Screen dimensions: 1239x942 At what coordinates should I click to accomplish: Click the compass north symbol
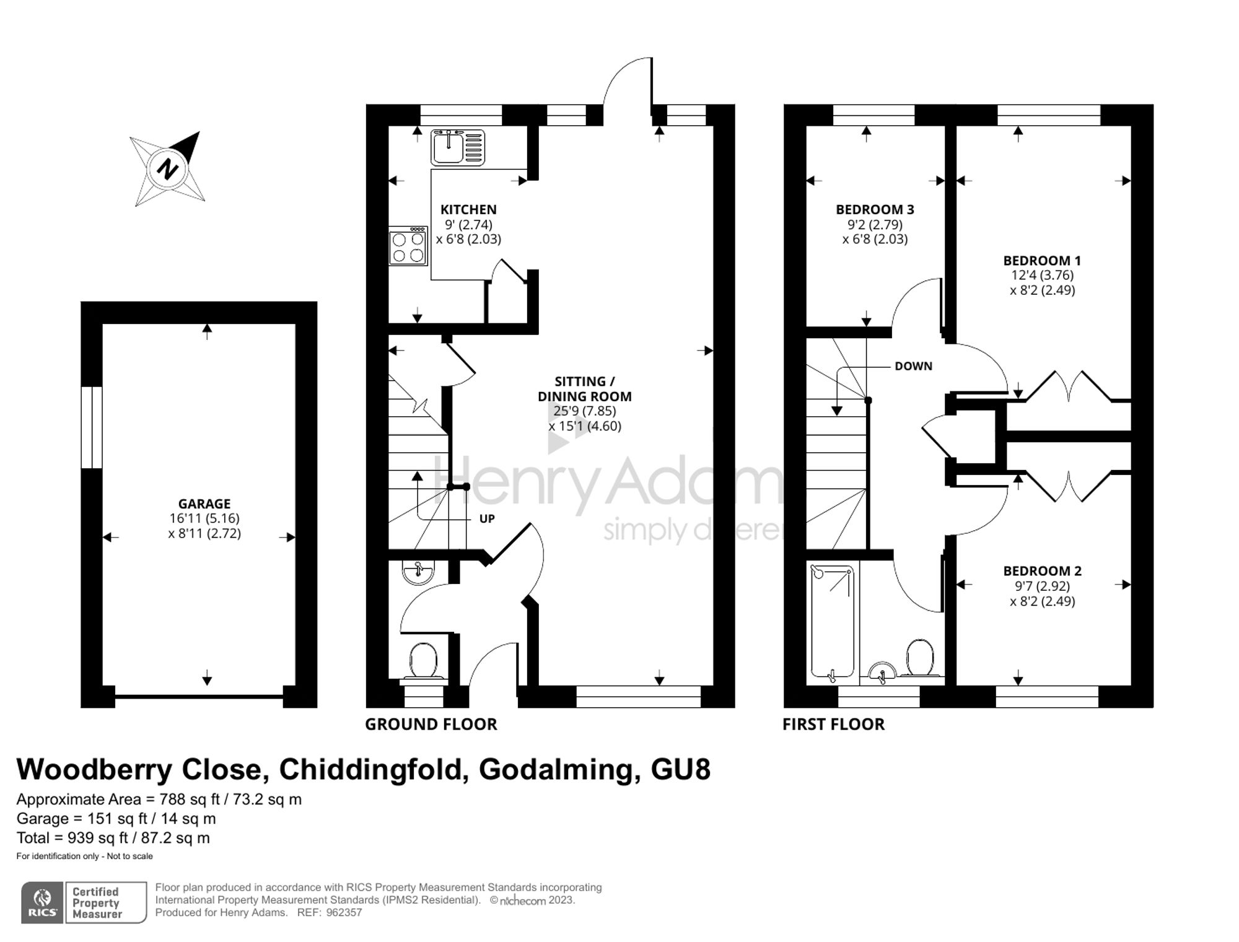click(x=167, y=168)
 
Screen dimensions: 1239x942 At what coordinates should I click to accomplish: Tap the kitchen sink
click(x=458, y=147)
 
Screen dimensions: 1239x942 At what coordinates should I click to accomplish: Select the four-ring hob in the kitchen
click(x=408, y=246)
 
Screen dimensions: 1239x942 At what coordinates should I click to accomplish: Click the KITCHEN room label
click(x=468, y=209)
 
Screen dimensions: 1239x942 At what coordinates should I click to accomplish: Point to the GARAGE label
click(x=204, y=504)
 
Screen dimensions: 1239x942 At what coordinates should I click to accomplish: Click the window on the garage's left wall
click(x=92, y=427)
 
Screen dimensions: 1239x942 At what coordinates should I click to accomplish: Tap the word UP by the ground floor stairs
click(x=487, y=519)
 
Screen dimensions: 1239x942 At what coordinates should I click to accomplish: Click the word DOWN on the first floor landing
click(x=913, y=366)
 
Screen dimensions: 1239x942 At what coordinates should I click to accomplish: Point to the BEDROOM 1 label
click(x=1042, y=261)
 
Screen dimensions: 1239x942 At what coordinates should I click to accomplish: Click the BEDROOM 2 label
click(x=1042, y=571)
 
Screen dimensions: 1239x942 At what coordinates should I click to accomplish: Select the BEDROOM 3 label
click(x=875, y=209)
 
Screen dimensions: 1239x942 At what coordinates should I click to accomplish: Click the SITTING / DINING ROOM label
click(x=584, y=389)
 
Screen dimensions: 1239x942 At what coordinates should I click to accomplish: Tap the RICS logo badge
click(x=43, y=903)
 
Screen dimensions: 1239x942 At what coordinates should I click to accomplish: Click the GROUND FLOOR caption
click(x=431, y=724)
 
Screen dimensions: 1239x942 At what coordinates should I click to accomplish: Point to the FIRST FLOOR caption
click(x=833, y=724)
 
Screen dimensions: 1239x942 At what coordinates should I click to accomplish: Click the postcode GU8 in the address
click(x=680, y=769)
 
